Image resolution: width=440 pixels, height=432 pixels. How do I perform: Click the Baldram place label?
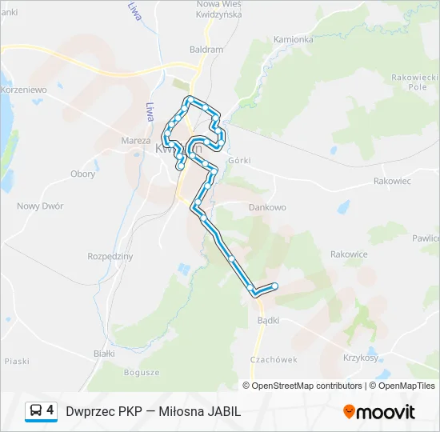[206, 49]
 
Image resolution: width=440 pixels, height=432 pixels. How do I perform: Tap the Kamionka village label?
[293, 38]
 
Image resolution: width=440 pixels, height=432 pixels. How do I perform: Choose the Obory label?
[82, 174]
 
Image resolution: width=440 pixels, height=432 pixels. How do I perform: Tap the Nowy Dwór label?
[40, 206]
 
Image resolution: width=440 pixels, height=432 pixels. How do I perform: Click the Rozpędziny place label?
[110, 256]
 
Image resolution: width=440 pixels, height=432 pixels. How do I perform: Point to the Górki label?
[239, 160]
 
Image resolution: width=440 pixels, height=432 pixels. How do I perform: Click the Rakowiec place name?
[392, 182]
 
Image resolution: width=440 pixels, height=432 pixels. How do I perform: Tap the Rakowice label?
[349, 254]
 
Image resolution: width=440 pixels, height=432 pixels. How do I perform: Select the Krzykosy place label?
[360, 358]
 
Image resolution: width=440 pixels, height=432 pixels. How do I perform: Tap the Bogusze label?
[142, 372]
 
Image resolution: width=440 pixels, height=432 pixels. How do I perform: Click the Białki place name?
[104, 353]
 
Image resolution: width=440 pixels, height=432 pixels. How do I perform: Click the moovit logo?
[379, 412]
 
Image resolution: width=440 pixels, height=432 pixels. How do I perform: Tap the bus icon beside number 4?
[37, 411]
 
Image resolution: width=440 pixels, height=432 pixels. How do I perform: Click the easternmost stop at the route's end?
[275, 286]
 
